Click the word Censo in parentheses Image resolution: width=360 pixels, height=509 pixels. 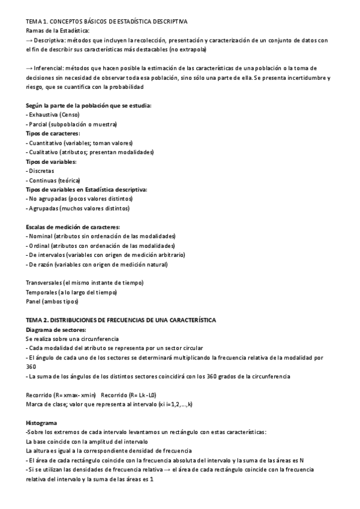71,114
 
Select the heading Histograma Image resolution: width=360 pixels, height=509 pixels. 41,423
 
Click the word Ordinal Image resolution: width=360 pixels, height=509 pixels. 40,245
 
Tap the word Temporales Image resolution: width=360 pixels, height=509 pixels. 41,292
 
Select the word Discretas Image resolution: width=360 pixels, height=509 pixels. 41,170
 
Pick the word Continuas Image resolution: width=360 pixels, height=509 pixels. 42,180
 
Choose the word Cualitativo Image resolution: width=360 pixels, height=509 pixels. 44,152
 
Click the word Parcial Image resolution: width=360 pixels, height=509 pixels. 38,124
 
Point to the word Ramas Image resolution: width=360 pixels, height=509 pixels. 35,30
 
